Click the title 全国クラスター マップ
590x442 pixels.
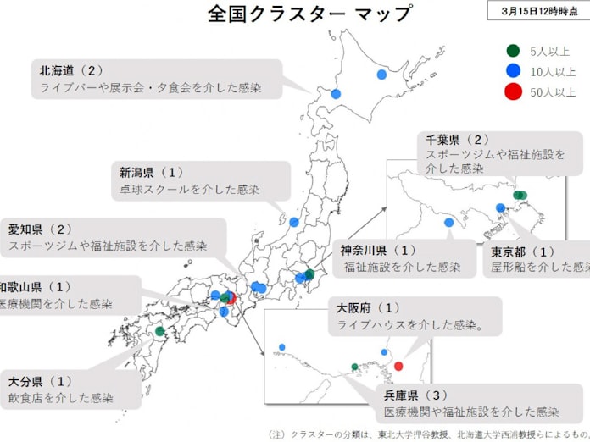[x=310, y=14]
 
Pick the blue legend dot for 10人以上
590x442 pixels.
[x=512, y=71]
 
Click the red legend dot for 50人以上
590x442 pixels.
[x=512, y=92]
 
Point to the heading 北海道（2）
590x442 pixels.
[x=72, y=69]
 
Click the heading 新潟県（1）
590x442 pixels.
[x=153, y=172]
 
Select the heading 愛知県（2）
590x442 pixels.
[x=41, y=229]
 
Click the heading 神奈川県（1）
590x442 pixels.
[x=380, y=250]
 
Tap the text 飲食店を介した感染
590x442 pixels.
[x=62, y=397]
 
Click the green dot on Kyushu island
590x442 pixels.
[x=159, y=331]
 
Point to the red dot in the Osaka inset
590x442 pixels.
[x=398, y=367]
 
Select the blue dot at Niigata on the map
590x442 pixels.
[x=294, y=222]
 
